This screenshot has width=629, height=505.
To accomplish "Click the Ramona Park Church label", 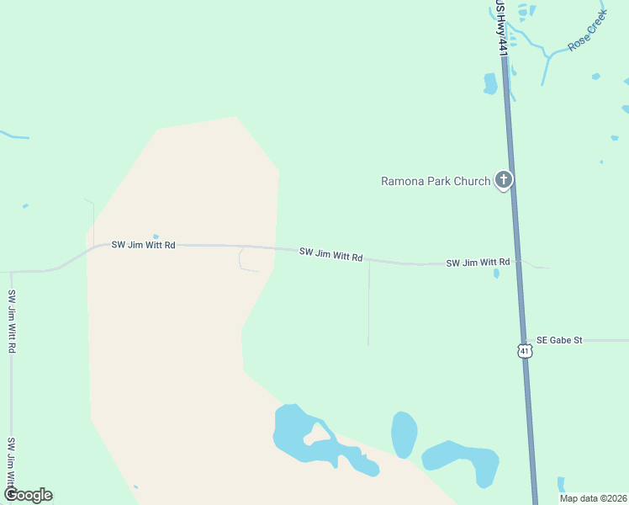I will pos(435,181).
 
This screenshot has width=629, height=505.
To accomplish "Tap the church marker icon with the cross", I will pos(504,179).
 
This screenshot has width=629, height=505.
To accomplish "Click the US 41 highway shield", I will pos(526,350).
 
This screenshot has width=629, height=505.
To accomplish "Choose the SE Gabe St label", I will pos(559,340).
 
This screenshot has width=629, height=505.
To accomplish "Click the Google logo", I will pos(28,495).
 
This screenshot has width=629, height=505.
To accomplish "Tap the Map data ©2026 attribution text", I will pos(594,498).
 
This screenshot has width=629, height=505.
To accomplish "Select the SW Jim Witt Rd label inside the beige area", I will pos(143,245).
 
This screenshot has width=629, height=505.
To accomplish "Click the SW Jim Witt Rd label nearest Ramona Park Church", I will pos(478,263).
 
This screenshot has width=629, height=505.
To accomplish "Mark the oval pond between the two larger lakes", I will pos(404,433).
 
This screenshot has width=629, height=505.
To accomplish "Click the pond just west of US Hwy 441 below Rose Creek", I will pos(490,83).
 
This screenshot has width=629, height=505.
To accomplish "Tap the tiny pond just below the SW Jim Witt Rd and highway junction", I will pos(496,273).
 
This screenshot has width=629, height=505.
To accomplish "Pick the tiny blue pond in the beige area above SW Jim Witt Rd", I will pos(156,237).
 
